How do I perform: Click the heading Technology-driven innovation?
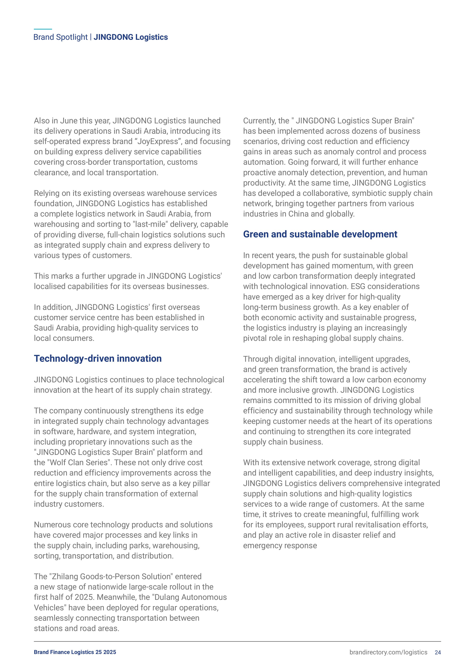pos(98,359)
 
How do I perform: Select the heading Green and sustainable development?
pos(320,234)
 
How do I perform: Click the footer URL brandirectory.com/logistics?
pos(388,652)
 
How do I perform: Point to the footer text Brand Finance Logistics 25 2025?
pos(75,652)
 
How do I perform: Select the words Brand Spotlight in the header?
pos(60,37)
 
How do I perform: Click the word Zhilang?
pos(64,577)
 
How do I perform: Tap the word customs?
pos(182,162)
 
